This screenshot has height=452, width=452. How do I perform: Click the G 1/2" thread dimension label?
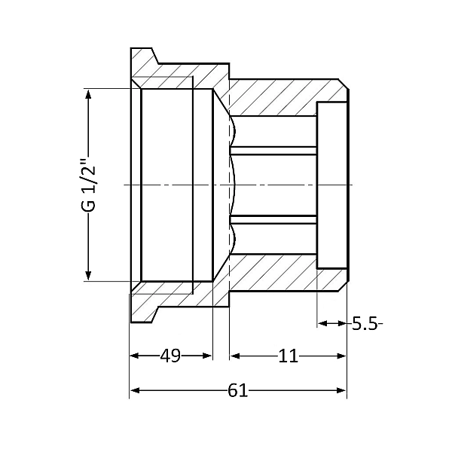[x=89, y=184]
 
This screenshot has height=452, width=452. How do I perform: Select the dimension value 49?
[x=170, y=356]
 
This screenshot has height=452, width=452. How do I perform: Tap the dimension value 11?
[x=287, y=356]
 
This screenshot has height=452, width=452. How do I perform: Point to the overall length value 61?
[x=237, y=390]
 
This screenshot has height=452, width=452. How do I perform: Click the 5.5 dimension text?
[x=364, y=323]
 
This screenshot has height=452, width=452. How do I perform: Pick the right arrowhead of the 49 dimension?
[x=207, y=356]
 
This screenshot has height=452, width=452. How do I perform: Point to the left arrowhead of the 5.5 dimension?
[x=322, y=323]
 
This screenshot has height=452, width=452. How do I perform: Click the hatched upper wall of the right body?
[x=279, y=96]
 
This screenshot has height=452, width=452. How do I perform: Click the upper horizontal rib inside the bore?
[x=273, y=150]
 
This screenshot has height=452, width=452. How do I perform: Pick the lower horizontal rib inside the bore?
[x=273, y=218]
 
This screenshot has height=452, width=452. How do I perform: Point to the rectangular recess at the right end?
[x=331, y=185]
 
